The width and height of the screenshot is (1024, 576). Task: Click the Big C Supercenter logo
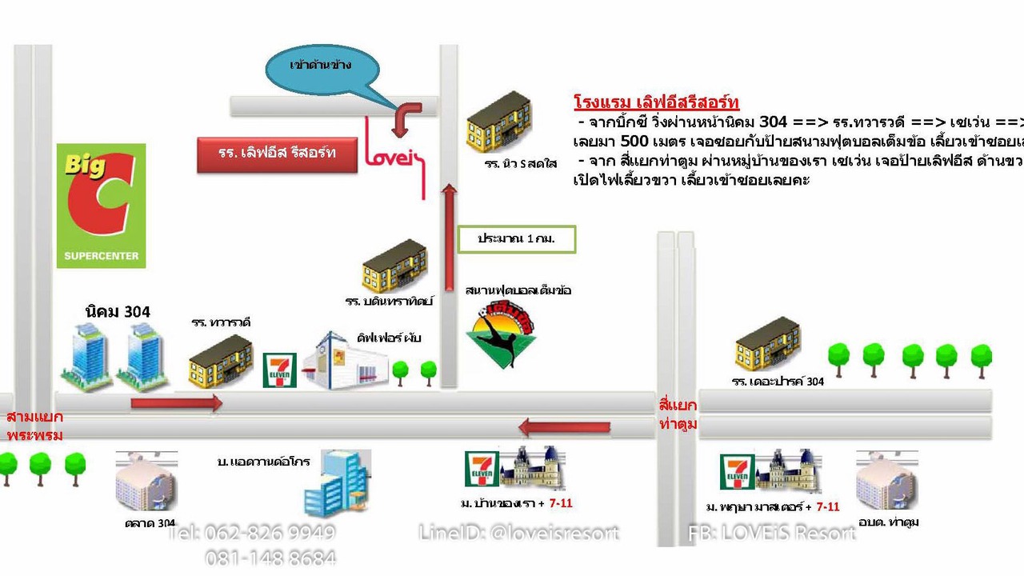point(101,206)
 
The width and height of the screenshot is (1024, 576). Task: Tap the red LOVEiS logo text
point(394,156)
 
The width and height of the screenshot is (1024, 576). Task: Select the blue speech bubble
point(322,70)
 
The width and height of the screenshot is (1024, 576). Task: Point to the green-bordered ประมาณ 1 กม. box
point(516,239)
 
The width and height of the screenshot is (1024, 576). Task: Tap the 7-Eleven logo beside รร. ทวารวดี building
point(280,370)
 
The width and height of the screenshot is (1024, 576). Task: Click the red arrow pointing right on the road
point(176,403)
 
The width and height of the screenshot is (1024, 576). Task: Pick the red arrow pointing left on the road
point(564,427)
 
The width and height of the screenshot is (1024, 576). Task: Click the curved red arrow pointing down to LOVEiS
point(406,118)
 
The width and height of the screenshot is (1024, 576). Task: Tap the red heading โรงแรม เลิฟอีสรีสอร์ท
point(656,102)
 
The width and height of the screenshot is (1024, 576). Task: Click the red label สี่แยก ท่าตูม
point(678,414)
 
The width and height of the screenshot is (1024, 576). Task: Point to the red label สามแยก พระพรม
point(34,426)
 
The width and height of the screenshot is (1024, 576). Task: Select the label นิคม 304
point(118,311)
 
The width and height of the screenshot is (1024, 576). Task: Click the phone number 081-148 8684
point(270,558)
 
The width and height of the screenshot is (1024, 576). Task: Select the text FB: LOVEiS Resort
point(772,533)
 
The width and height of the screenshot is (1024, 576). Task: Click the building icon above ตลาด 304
point(146,480)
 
